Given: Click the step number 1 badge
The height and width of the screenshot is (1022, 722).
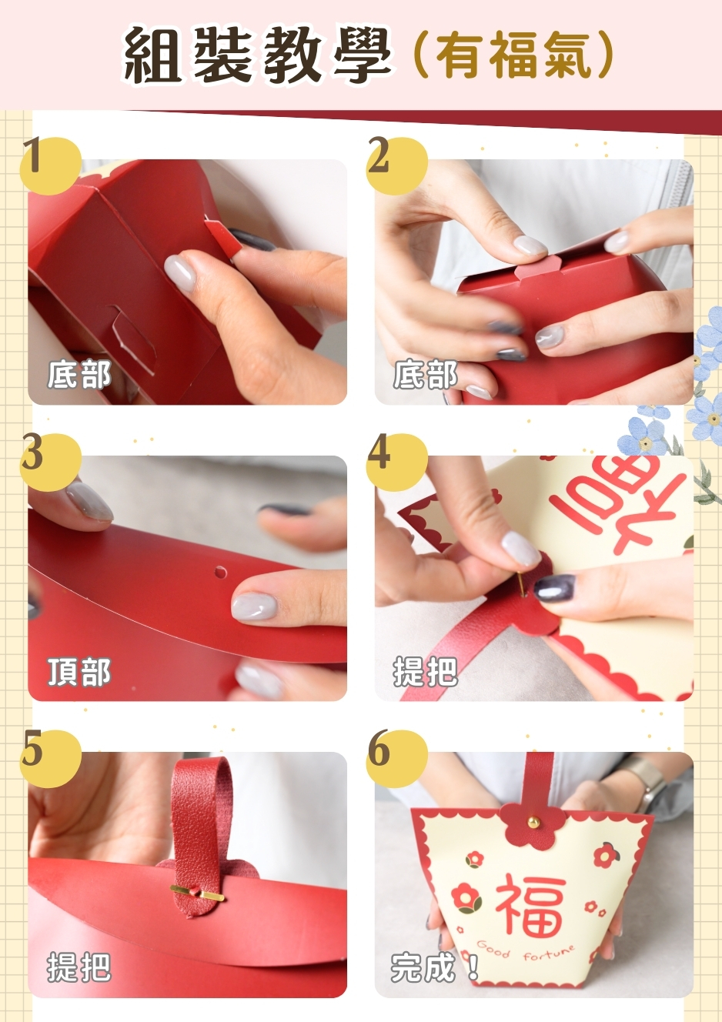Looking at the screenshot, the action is click(50, 165).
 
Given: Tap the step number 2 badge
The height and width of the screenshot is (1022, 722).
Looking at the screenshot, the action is click(397, 165).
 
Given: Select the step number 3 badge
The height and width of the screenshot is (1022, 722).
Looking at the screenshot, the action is click(50, 462).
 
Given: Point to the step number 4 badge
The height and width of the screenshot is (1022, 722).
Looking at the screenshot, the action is click(397, 462).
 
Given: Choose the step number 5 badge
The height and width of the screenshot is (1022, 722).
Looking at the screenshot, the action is click(50, 758).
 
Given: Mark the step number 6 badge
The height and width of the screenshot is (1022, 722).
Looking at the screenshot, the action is click(397, 758).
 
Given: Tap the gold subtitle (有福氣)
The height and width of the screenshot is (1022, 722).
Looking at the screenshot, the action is click(514, 55).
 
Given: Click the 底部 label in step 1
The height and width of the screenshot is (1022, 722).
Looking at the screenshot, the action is click(79, 375).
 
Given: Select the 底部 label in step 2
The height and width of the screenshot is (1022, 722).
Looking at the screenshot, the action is click(426, 375).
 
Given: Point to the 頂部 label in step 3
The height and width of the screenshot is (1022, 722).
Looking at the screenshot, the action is click(79, 673).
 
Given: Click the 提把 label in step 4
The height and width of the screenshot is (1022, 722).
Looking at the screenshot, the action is click(426, 673).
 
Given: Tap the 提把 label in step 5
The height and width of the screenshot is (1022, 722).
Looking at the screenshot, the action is click(79, 967).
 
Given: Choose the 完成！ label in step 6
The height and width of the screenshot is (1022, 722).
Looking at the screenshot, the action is click(434, 967).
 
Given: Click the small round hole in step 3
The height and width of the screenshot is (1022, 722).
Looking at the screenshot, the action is click(220, 571).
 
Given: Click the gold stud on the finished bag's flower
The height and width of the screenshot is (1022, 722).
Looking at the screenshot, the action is click(532, 822).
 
